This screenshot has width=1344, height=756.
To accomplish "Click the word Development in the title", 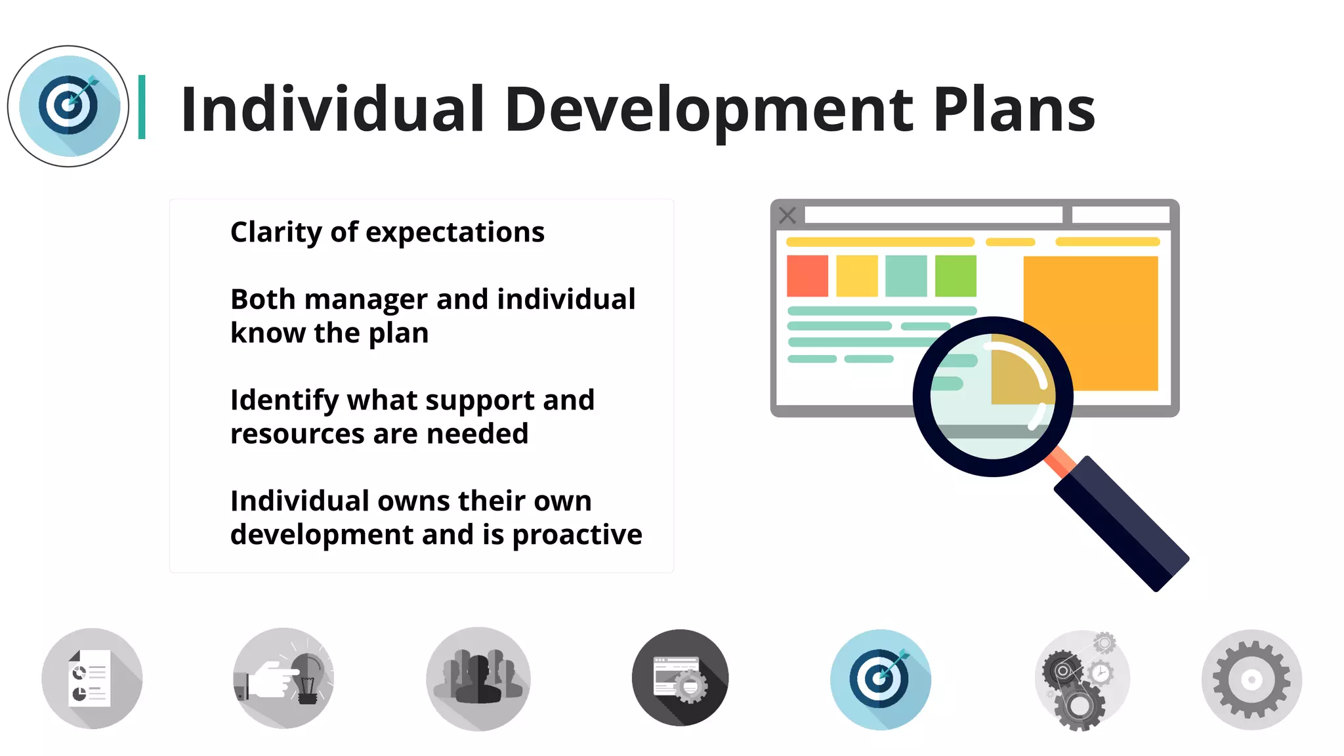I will coord(709,110).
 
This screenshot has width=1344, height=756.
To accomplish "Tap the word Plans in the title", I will coord(1014,110).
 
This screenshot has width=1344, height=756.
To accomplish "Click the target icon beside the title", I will coord(68,106).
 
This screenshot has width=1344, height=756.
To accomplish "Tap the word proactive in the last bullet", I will coord(577,535).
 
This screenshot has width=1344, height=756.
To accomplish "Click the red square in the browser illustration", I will coord(807,276).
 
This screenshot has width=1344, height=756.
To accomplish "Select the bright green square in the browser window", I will coord(955,276).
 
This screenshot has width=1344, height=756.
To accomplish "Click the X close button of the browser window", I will coord(787,215).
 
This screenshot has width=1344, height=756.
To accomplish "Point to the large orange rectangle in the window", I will coord(1102,302).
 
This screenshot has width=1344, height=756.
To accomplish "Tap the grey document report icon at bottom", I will coord(92,679).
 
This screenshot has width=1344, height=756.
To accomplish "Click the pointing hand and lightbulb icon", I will coord(283,679).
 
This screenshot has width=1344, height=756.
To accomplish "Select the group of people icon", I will coord(478,679).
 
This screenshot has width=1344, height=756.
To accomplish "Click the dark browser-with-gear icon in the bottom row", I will coord(680,679).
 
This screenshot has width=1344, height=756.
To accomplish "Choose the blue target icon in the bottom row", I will coord(880,680).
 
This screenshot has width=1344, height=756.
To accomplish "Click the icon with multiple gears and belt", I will coord(1081,680).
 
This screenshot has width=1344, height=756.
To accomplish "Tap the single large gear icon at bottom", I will coord(1251,680).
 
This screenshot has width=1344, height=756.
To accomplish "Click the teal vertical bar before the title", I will coord(142,107).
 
